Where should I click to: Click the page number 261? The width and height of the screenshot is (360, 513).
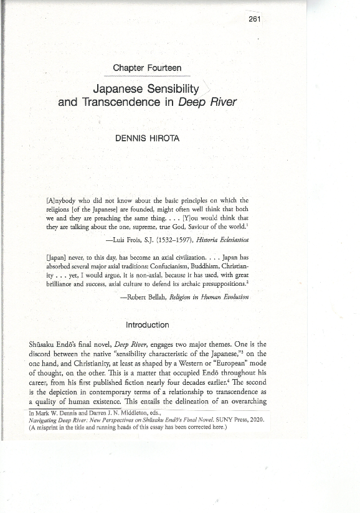point(253,19)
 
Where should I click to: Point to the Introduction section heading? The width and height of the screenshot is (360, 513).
point(147,324)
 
